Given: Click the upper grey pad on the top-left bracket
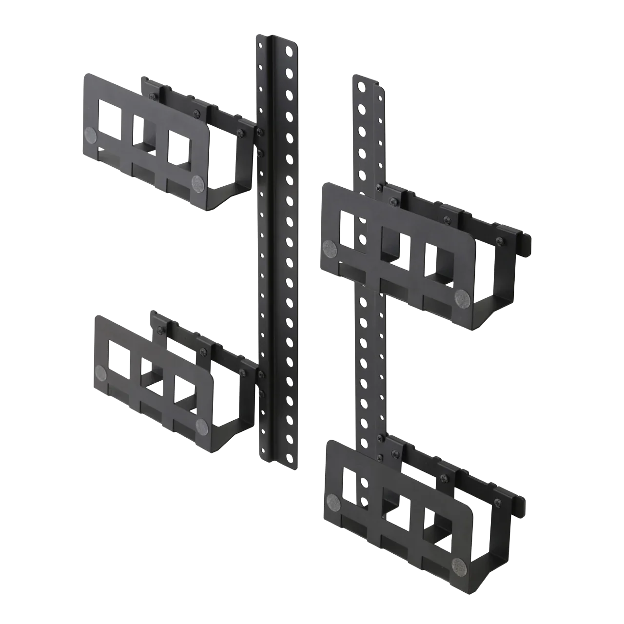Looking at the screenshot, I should click(91, 136).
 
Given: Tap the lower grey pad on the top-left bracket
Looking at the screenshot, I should click(197, 183).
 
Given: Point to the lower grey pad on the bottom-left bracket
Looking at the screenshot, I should click(201, 426).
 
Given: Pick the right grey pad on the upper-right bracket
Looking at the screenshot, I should click(462, 297).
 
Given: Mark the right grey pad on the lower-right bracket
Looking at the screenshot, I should click(459, 565).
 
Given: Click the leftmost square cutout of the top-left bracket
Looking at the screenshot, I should click(112, 118).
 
